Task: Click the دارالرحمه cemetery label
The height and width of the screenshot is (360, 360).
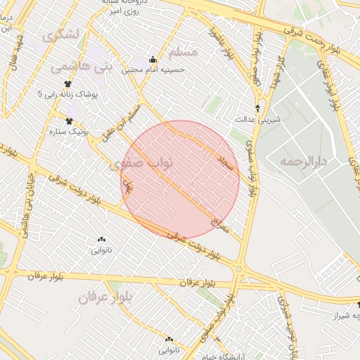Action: [x=303, y=162]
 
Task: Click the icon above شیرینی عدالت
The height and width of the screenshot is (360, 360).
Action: [x=259, y=108]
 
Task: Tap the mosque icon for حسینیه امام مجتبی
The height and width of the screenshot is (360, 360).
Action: [x=153, y=59]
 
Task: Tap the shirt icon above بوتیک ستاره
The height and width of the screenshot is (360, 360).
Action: [x=69, y=120]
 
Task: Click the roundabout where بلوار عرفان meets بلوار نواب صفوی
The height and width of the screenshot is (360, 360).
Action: [x=239, y=269]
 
